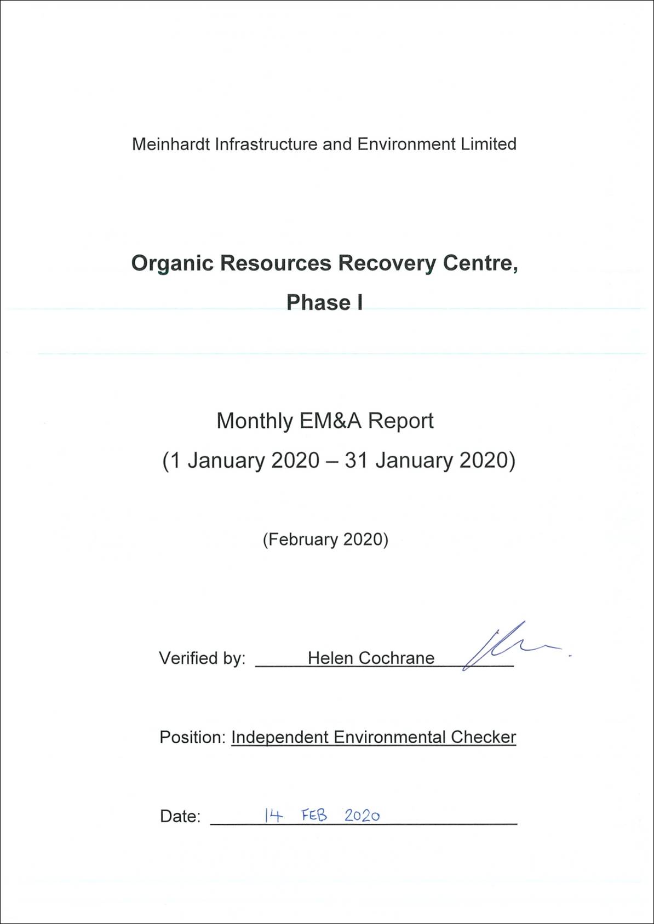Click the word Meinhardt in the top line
tap(171, 144)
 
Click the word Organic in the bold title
tap(172, 263)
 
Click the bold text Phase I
tap(324, 302)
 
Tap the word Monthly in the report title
tap(255, 421)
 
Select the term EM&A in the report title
tap(330, 421)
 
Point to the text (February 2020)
tap(325, 540)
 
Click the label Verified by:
tap(202, 658)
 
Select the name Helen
tap(330, 658)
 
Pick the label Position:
tap(192, 737)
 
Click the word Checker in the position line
tap(483, 737)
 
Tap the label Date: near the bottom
tap(180, 816)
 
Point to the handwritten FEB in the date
tap(314, 815)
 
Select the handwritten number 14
tap(273, 816)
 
